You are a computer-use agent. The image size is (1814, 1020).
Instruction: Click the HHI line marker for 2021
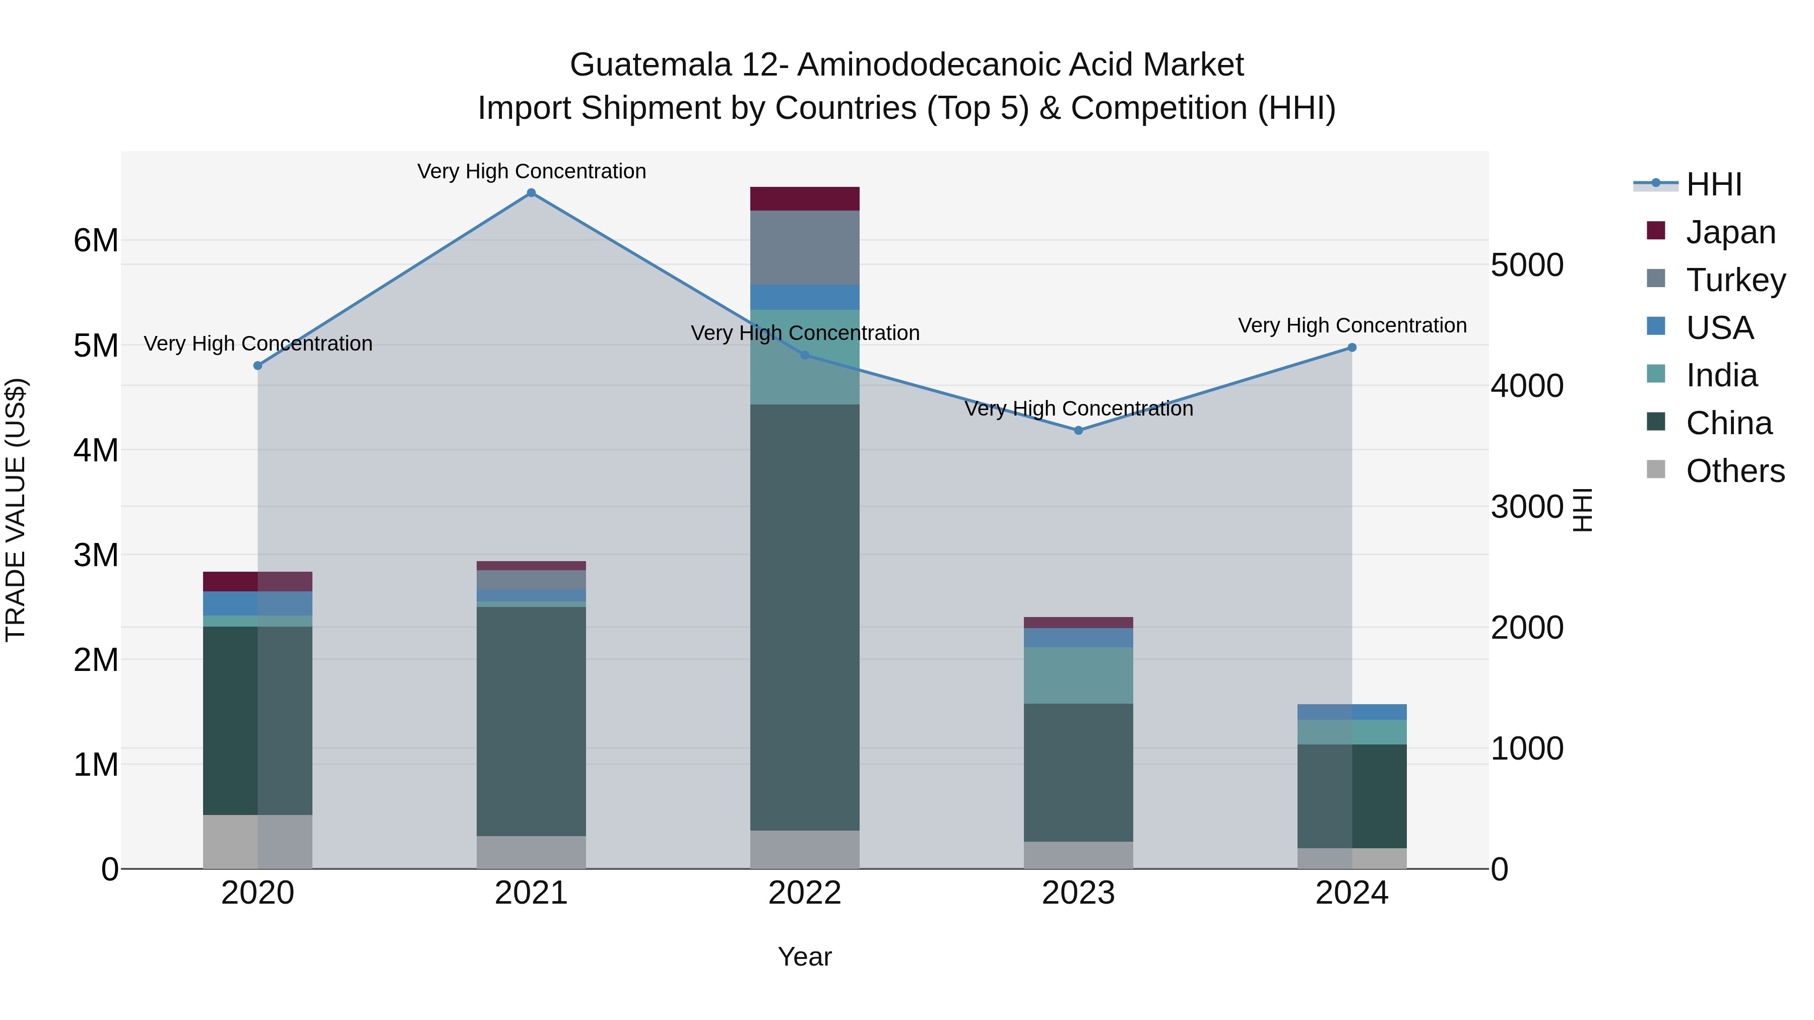(531, 193)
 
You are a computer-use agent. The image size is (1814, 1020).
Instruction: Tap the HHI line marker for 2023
(1078, 430)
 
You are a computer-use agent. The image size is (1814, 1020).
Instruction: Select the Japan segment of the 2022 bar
(804, 198)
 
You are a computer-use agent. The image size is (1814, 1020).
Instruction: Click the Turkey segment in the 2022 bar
(804, 247)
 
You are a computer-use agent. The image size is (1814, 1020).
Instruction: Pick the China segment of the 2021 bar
(531, 721)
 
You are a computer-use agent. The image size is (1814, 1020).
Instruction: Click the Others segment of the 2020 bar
(257, 841)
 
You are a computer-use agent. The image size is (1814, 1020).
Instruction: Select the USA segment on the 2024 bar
(1351, 712)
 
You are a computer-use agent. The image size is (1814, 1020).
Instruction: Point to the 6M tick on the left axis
(96, 241)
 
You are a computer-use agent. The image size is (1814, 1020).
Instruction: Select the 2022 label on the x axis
(804, 893)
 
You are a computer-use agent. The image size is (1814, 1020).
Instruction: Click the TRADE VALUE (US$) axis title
(16, 510)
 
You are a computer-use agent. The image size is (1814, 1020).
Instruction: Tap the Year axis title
(804, 957)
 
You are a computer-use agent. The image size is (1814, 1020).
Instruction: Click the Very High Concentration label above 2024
(1351, 325)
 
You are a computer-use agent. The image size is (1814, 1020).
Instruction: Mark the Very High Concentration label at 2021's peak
(531, 171)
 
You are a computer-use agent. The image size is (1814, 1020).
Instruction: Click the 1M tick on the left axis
(96, 765)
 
